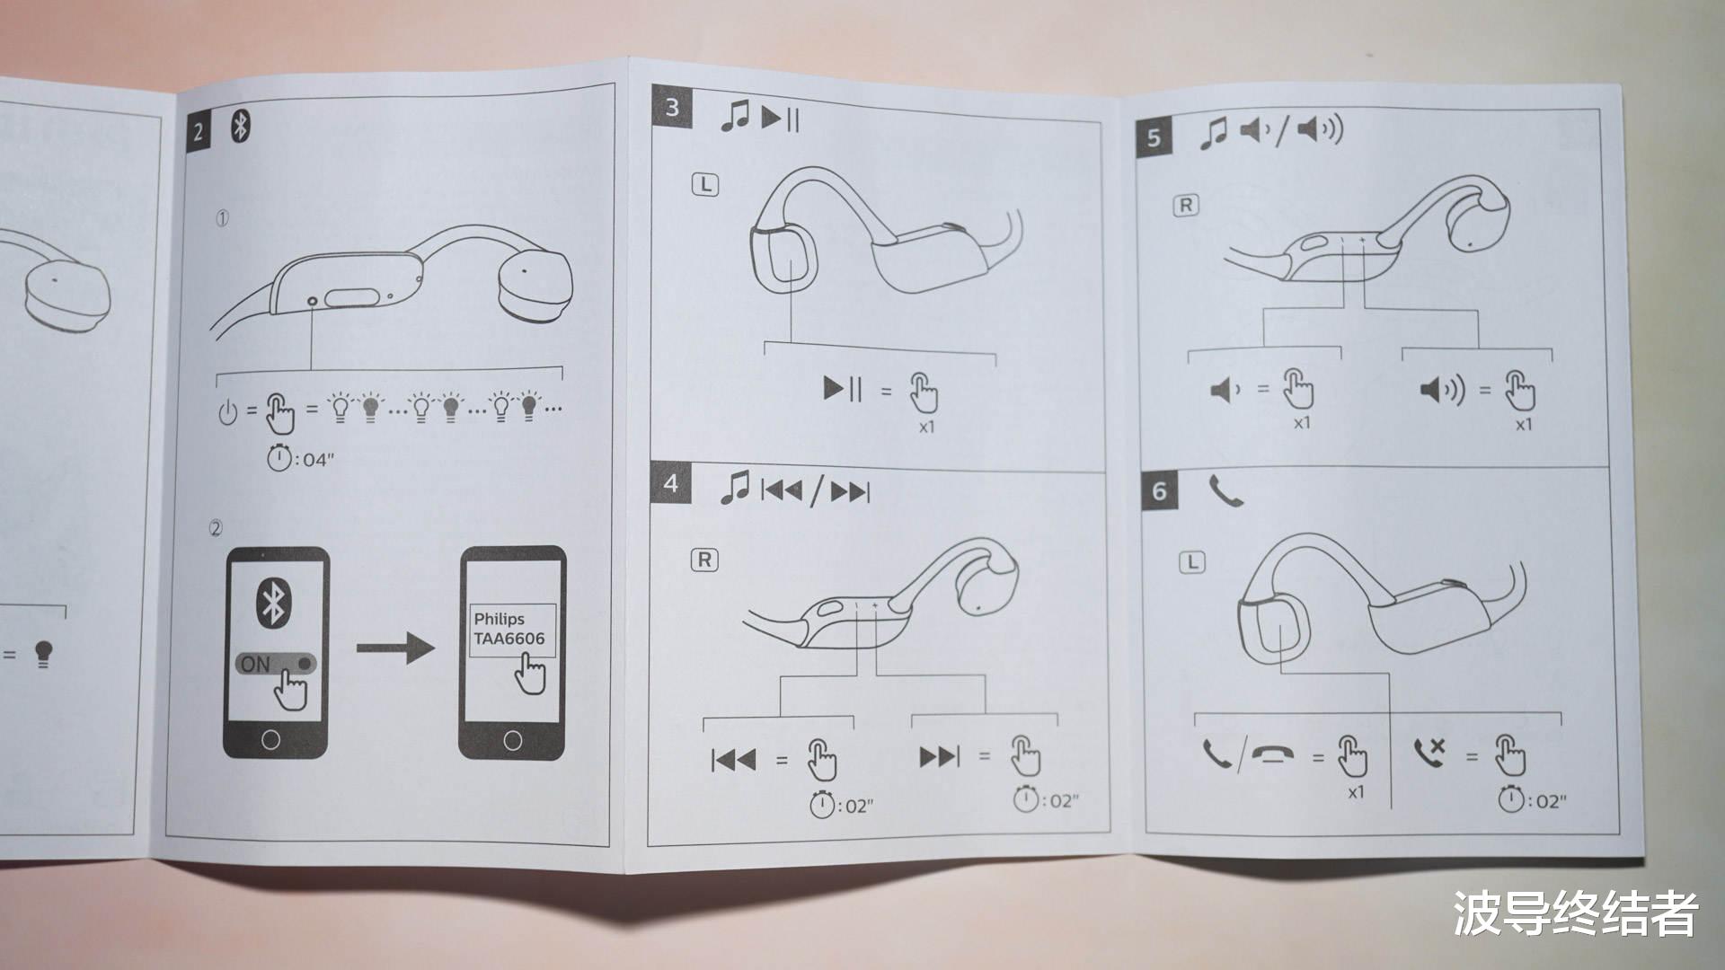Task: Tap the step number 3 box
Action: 672,108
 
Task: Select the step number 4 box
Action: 671,484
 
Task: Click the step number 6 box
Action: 1160,490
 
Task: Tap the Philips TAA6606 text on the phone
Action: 509,629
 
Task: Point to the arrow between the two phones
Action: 395,647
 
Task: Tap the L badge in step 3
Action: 705,185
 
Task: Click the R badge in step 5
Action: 1186,206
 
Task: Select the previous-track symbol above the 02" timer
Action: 733,760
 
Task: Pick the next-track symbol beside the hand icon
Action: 939,757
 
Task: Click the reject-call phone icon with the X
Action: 1429,753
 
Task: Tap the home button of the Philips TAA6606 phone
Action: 512,741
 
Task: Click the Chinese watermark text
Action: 1576,913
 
